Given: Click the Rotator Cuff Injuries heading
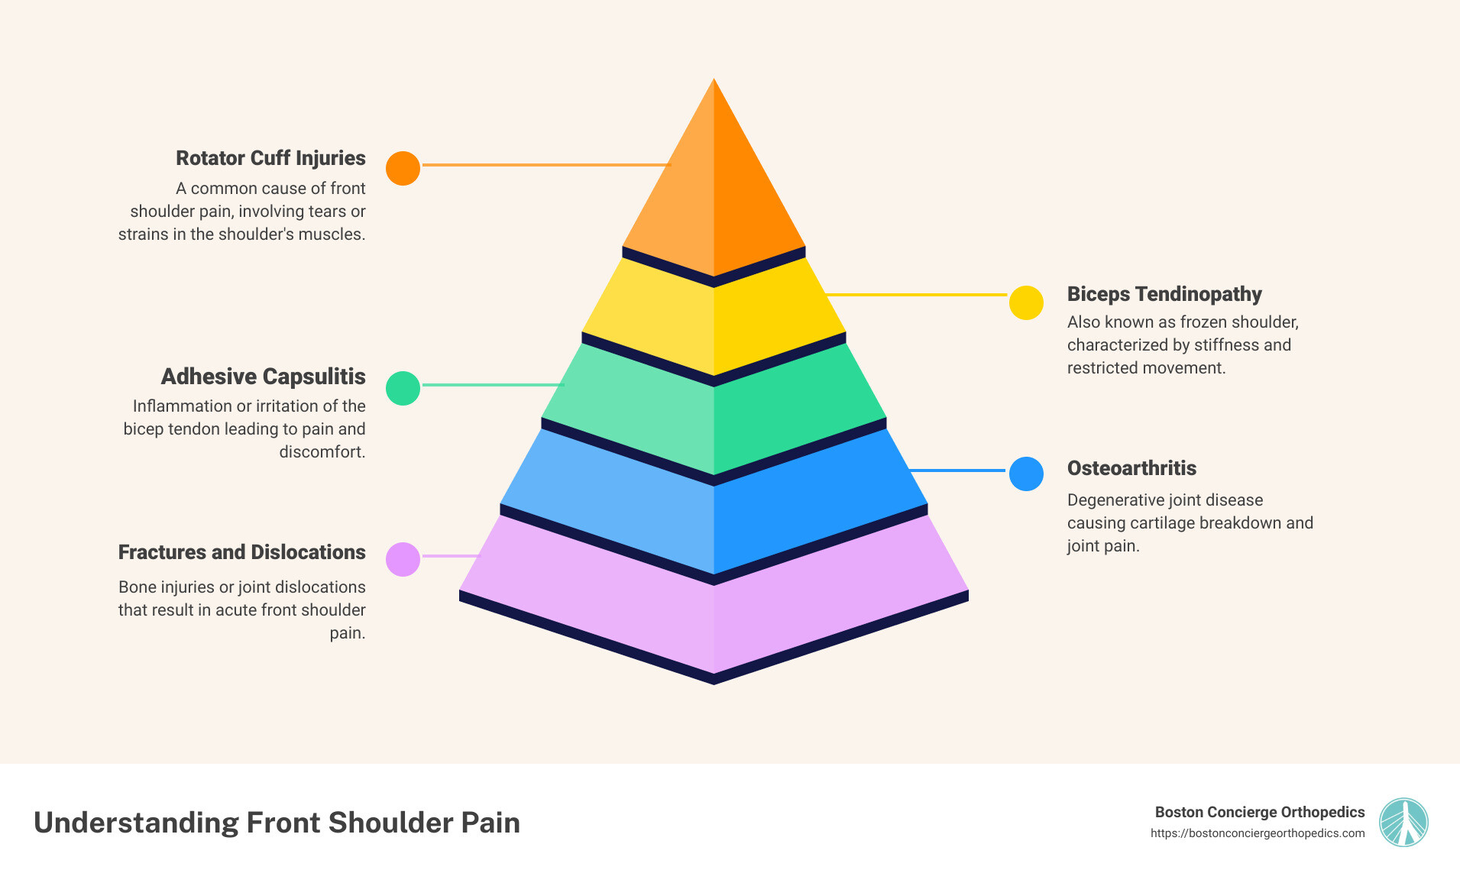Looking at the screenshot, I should [x=270, y=158].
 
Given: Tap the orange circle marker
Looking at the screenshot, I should [x=403, y=168].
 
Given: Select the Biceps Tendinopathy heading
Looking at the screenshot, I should [x=1164, y=294].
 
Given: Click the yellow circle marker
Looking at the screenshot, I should [x=1026, y=302].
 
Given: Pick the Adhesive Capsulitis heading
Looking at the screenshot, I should [x=263, y=377].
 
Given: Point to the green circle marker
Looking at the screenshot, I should [x=403, y=388].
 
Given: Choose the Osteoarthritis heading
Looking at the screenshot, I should [x=1131, y=468].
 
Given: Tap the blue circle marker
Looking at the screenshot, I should [x=1026, y=474].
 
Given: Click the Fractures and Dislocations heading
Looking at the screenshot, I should [x=241, y=552].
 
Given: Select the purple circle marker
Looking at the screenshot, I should [x=403, y=559].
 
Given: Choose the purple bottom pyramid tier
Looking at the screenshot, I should [x=714, y=619].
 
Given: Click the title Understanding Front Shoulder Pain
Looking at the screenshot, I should [x=277, y=823].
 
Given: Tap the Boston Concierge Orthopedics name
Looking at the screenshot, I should [x=1259, y=812].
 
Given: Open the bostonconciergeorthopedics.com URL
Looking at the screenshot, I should [x=1258, y=833].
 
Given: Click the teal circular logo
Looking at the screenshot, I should [x=1403, y=823].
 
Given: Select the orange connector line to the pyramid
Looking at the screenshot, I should [x=545, y=165].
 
